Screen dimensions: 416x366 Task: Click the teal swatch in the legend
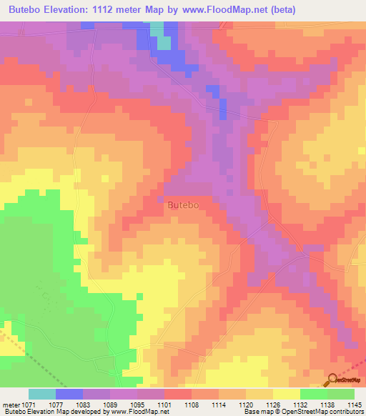(x=42, y=394)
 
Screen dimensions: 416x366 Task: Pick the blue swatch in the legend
(x=69, y=394)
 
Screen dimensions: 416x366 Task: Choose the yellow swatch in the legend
(x=287, y=394)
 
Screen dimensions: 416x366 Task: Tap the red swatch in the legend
(x=178, y=394)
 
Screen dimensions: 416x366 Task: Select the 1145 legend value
(x=355, y=404)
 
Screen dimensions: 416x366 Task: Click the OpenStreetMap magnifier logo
(x=332, y=380)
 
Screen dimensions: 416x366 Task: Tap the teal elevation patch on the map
(x=164, y=41)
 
